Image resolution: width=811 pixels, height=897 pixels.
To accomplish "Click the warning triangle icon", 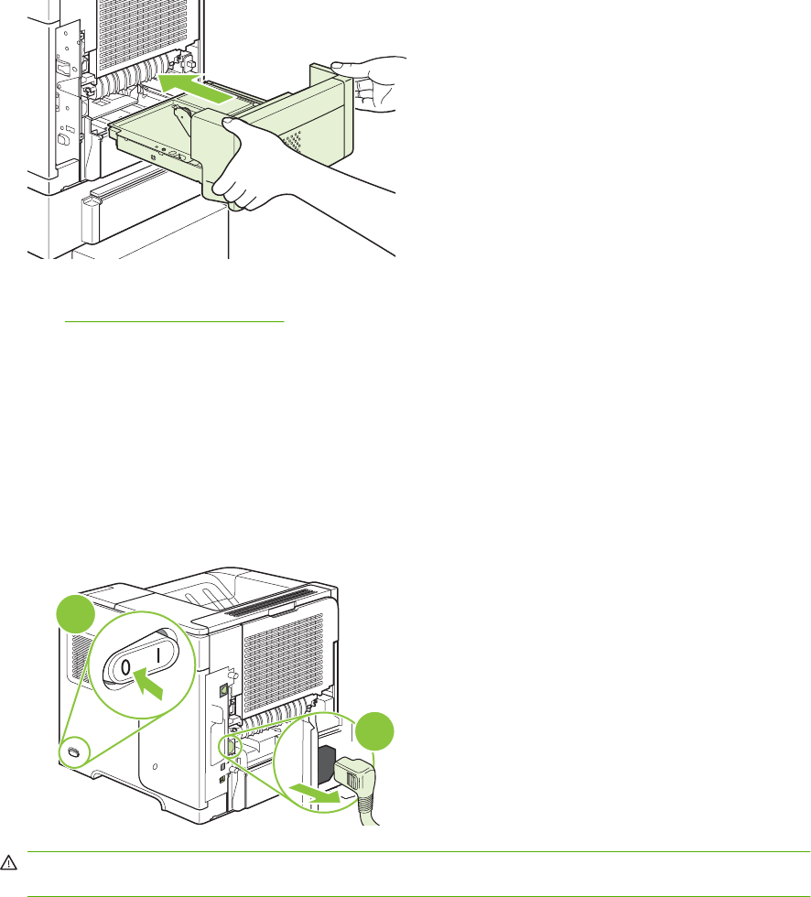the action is click(x=9, y=861).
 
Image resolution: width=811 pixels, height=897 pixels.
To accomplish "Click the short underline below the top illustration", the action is click(x=174, y=322).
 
